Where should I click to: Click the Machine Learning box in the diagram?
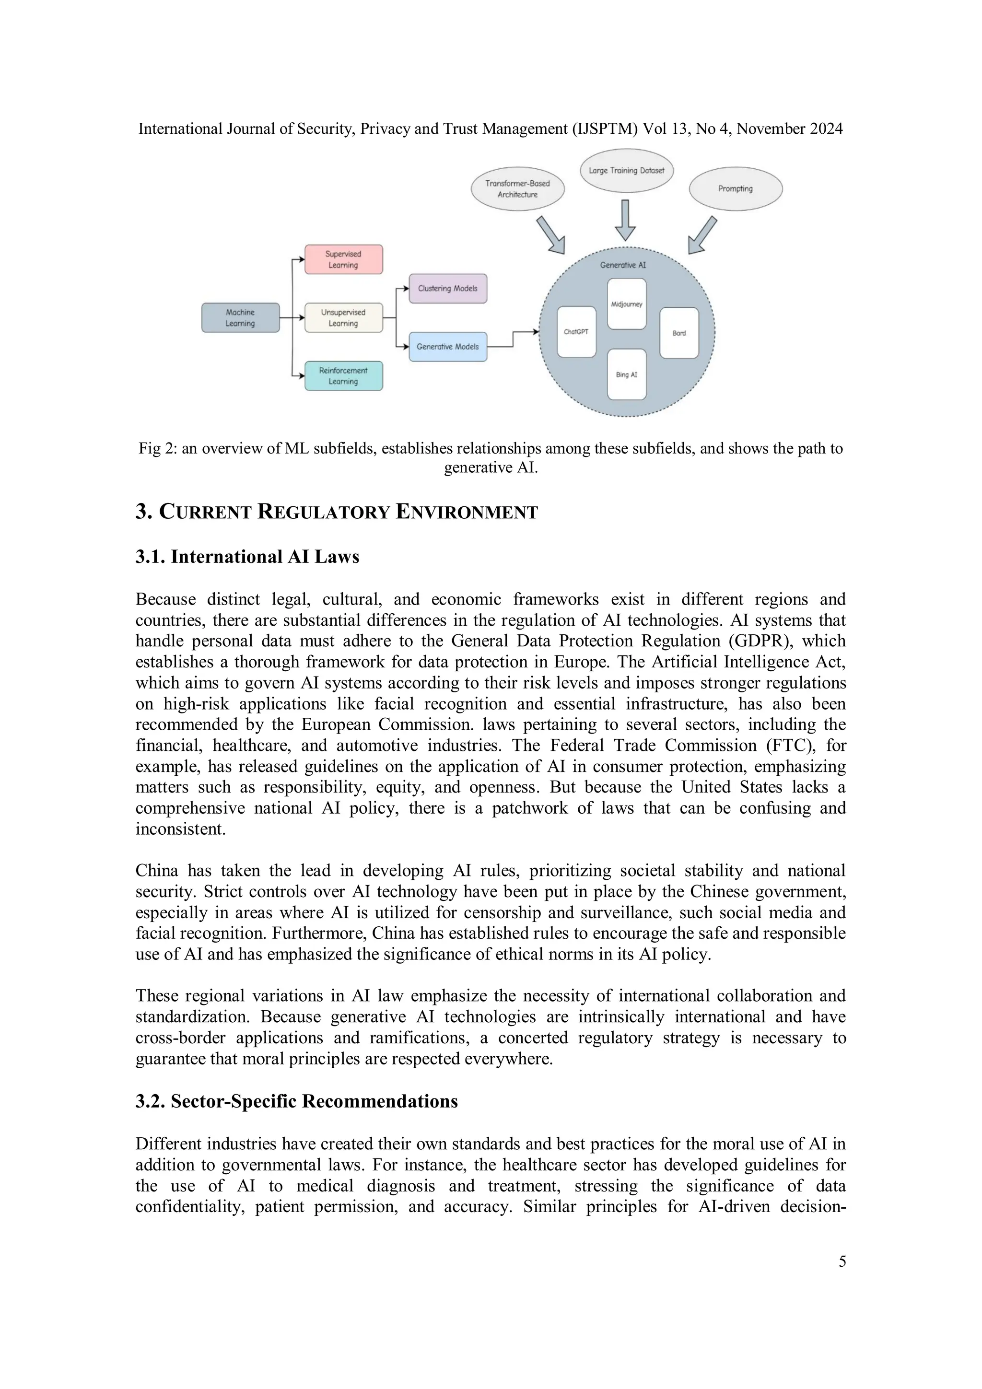(x=240, y=317)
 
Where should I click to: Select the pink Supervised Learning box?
(x=343, y=259)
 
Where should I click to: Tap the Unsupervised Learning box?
(x=343, y=317)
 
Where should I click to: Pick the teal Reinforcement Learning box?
(x=343, y=376)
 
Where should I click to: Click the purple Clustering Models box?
(x=448, y=289)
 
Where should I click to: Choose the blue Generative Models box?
(x=448, y=347)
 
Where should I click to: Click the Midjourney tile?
(x=626, y=303)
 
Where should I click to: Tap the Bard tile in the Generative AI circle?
(x=679, y=333)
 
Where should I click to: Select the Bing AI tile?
(x=626, y=374)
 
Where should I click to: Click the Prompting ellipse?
(x=735, y=189)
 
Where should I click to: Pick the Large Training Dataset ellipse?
(x=626, y=171)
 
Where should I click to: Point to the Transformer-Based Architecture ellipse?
(x=517, y=189)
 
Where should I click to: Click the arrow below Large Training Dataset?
(x=625, y=220)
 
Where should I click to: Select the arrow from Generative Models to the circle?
(x=513, y=339)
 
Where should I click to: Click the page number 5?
(x=842, y=1261)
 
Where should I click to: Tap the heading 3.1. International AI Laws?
(x=247, y=557)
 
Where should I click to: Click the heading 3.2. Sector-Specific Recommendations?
(x=296, y=1101)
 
